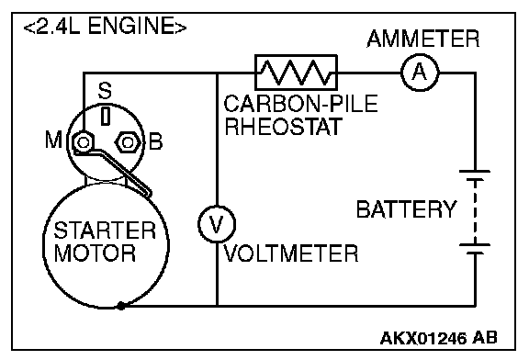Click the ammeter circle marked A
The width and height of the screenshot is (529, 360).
click(x=420, y=73)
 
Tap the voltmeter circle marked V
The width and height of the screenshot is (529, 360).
click(x=217, y=224)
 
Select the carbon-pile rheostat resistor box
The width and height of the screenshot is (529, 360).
click(x=296, y=73)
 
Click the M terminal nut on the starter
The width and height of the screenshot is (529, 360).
click(x=83, y=142)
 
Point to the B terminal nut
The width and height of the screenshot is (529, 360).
click(x=128, y=142)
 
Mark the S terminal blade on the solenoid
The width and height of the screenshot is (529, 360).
click(x=106, y=116)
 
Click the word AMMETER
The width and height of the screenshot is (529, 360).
click(x=422, y=39)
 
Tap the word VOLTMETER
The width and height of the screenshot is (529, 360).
click(x=291, y=253)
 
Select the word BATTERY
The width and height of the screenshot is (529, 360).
click(x=407, y=209)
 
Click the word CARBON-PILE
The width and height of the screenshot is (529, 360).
click(x=300, y=104)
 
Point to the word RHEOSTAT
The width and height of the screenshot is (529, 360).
click(x=284, y=126)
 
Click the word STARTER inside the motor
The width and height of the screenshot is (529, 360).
click(x=105, y=231)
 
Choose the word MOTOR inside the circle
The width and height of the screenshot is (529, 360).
click(x=95, y=253)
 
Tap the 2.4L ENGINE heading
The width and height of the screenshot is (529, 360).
click(x=105, y=26)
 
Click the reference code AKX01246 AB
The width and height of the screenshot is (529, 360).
click(x=439, y=338)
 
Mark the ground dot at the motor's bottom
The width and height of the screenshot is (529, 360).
click(x=121, y=306)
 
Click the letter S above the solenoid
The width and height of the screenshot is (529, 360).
click(x=105, y=90)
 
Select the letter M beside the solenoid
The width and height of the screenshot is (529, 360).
click(x=53, y=140)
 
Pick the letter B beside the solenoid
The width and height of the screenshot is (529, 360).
click(x=155, y=141)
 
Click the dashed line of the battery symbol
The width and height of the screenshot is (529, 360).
click(x=475, y=212)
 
